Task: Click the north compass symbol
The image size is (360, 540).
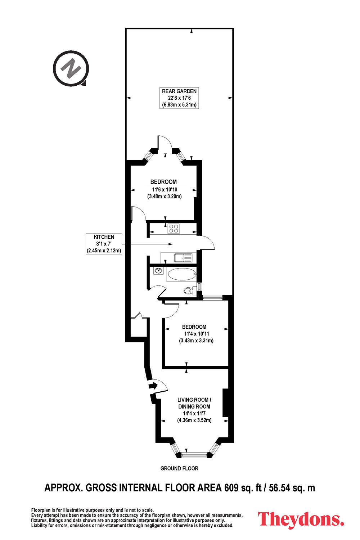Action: (x=71, y=68)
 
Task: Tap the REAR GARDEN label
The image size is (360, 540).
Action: (x=179, y=91)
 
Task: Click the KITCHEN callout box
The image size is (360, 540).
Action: (x=104, y=244)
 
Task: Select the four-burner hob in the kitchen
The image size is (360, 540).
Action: (x=174, y=228)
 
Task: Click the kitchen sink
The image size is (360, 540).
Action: (x=184, y=258)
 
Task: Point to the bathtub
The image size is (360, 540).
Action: (x=181, y=275)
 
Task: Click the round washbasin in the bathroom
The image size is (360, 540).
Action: (x=158, y=270)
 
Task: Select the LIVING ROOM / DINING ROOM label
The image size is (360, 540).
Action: (x=194, y=403)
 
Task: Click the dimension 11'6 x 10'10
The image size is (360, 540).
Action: (x=165, y=189)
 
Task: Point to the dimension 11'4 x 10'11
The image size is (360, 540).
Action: (x=196, y=334)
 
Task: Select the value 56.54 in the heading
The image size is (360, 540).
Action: (x=279, y=488)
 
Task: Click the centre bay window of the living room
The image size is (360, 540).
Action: (x=194, y=455)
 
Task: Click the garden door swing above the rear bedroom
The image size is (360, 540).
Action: (x=165, y=144)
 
